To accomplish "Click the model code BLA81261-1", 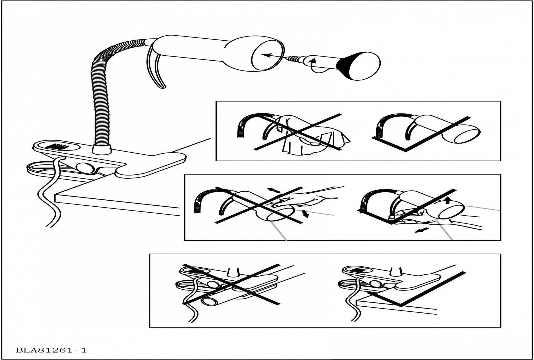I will pos(51,350).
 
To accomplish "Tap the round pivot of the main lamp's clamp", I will pos(85,167).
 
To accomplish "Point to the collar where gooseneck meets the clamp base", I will pos(102,149).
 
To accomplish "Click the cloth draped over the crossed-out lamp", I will pos(311,136).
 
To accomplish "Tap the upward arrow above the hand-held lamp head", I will pos(447,200).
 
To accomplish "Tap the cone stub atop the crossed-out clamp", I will pos(233,272).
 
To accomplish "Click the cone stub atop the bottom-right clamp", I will pos(395,271).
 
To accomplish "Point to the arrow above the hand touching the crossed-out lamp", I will pos(274,191).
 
